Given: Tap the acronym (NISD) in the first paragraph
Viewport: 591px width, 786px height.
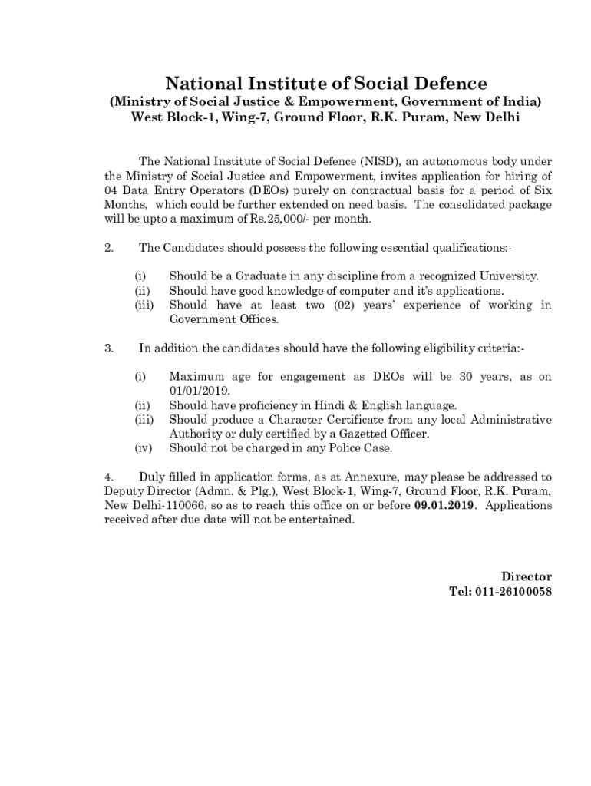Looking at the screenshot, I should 379,161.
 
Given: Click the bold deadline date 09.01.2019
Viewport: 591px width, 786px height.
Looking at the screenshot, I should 445,506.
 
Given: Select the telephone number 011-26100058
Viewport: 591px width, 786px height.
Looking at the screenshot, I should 513,591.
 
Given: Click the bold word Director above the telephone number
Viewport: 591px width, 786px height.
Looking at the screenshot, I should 527,576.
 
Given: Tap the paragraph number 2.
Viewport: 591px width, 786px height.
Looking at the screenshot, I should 108,248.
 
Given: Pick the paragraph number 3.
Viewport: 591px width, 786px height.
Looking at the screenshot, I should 108,348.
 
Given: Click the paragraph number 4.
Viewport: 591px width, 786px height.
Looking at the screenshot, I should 108,477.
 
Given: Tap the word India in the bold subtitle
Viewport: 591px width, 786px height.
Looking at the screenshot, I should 523,101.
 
